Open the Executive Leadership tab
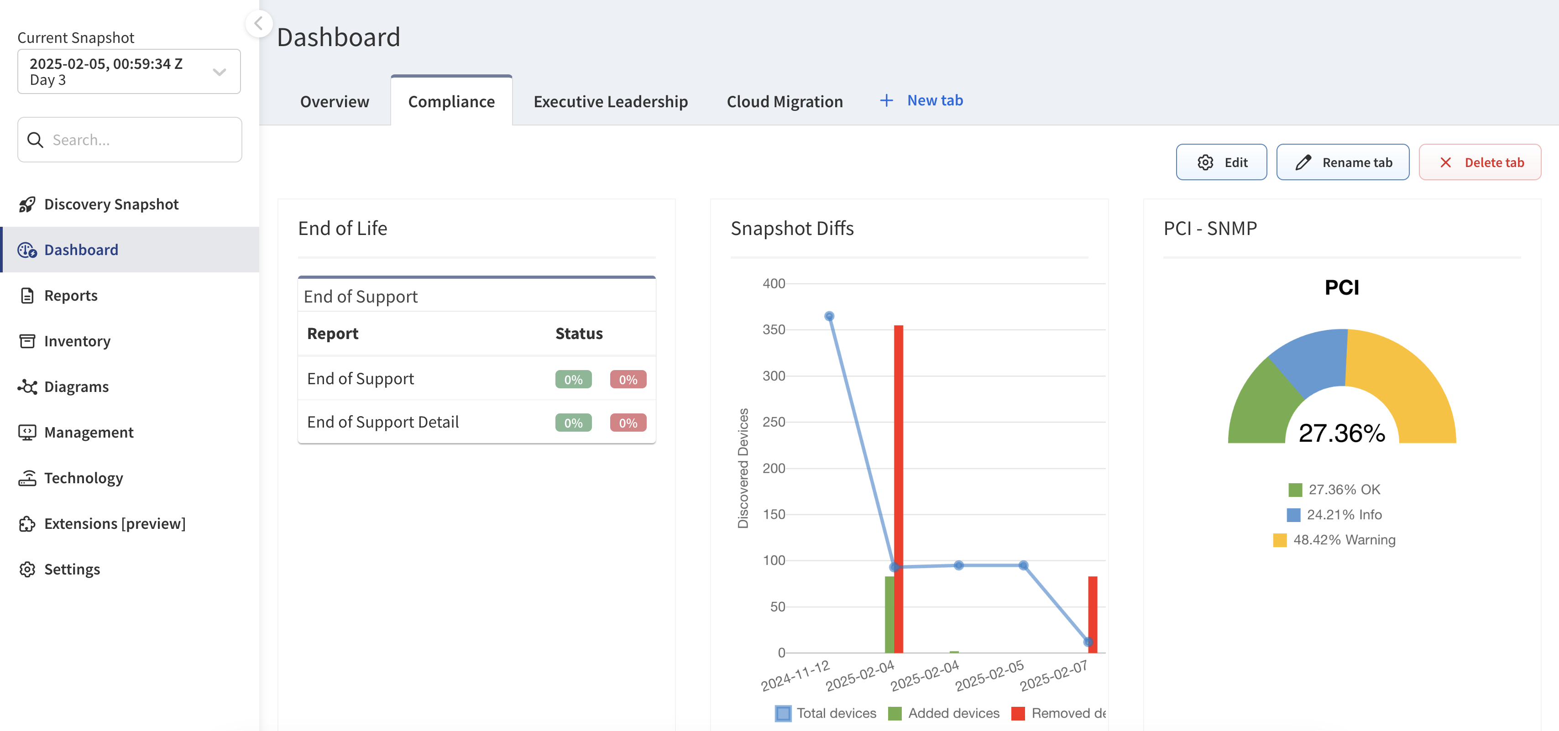pyautogui.click(x=610, y=102)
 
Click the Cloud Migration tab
pyautogui.click(x=785, y=102)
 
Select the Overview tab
pyautogui.click(x=334, y=102)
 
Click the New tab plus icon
pyautogui.click(x=886, y=100)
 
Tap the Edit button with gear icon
pyautogui.click(x=1221, y=162)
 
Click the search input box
pyautogui.click(x=130, y=140)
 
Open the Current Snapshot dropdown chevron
pyautogui.click(x=219, y=72)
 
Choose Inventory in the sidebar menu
pyautogui.click(x=77, y=341)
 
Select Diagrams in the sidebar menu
pyautogui.click(x=76, y=386)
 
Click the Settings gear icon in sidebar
pyautogui.click(x=27, y=569)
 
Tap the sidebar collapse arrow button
pyautogui.click(x=258, y=24)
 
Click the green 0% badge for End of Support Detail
pyautogui.click(x=573, y=423)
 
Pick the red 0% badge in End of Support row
pyautogui.click(x=628, y=380)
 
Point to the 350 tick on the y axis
pyautogui.click(x=774, y=330)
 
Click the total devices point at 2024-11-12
pyautogui.click(x=829, y=316)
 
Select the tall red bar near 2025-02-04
pyautogui.click(x=898, y=489)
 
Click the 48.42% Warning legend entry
pyautogui.click(x=1334, y=540)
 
